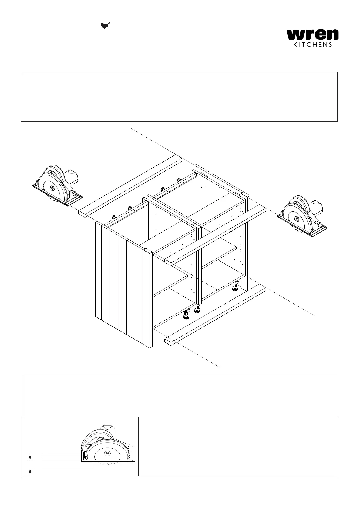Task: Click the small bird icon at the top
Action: coord(105,26)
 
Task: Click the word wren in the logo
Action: coord(312,35)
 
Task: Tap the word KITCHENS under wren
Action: coord(313,45)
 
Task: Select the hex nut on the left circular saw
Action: coord(52,188)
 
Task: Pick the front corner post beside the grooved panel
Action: coord(148,297)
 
